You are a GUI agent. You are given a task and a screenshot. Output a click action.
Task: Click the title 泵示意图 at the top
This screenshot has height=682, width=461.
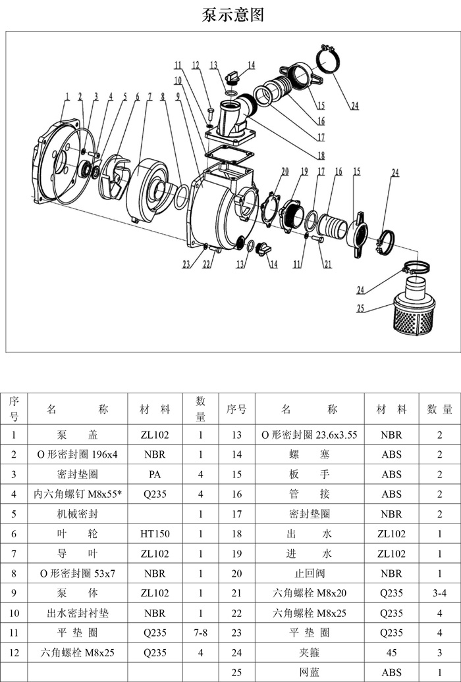tap(232, 15)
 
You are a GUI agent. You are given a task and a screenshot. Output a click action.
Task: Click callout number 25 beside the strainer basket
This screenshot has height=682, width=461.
tap(361, 307)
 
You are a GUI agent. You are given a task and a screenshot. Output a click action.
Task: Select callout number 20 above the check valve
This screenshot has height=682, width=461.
tap(285, 171)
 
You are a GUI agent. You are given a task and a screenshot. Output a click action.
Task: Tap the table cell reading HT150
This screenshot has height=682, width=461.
tap(155, 534)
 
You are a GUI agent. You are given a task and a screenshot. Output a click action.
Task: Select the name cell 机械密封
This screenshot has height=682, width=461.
tap(78, 514)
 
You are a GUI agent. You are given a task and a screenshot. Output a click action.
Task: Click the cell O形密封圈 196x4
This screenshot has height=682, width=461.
tap(78, 454)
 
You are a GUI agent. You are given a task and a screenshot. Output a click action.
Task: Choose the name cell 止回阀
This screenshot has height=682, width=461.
tap(309, 573)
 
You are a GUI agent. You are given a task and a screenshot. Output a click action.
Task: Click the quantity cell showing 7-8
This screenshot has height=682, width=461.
tap(200, 633)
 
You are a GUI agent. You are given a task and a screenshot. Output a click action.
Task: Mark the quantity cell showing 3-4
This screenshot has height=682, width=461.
tap(439, 593)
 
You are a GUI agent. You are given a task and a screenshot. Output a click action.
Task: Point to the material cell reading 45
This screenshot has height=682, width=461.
tap(392, 653)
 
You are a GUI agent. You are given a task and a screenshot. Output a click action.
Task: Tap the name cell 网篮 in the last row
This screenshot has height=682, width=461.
tap(309, 673)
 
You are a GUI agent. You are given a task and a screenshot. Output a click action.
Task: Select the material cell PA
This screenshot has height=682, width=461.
tap(155, 474)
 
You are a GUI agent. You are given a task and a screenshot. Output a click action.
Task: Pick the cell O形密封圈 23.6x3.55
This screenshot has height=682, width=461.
tap(309, 435)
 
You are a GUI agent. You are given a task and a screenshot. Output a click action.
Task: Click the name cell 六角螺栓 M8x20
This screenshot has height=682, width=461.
tap(309, 593)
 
